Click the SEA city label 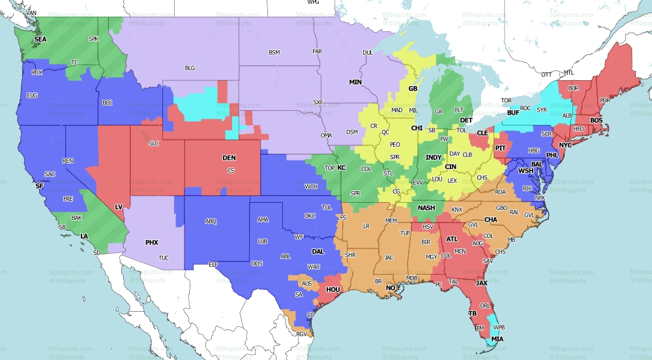[x=40, y=39]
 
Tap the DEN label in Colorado [x=230, y=158]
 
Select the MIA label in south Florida [x=497, y=339]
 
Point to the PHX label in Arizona [x=151, y=243]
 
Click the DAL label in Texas [x=318, y=251]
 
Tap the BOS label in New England [x=596, y=121]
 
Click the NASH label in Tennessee [x=426, y=208]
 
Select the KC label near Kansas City [x=340, y=168]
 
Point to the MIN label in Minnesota [x=355, y=82]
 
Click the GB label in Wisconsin [x=412, y=88]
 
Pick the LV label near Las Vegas [x=119, y=207]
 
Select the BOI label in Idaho [x=108, y=102]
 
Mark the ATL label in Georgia [x=452, y=239]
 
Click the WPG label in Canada [x=313, y=3]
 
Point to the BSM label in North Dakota [x=274, y=52]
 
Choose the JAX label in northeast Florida [x=482, y=284]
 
